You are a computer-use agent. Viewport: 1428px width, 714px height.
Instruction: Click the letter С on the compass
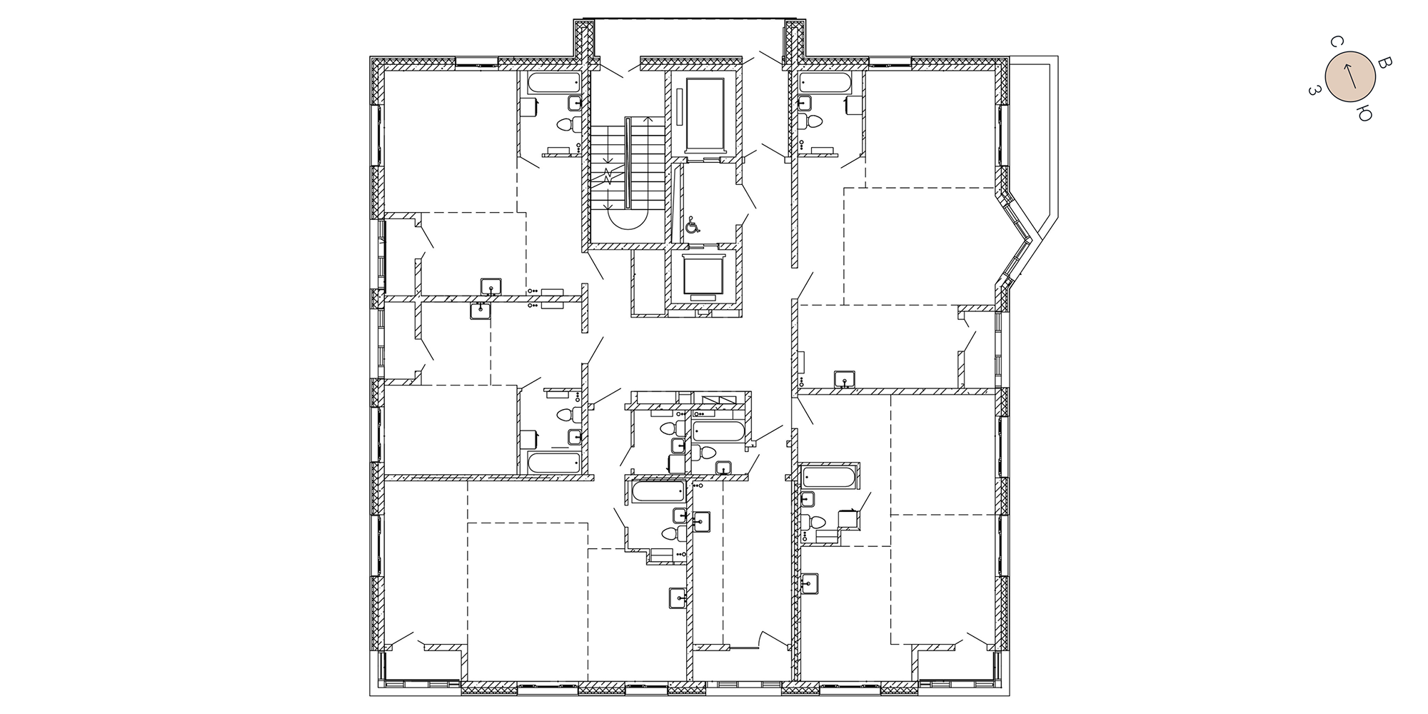tap(1333, 43)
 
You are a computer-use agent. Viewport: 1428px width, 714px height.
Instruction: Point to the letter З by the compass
tap(1314, 90)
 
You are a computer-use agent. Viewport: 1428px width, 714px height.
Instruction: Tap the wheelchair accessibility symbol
tap(692, 226)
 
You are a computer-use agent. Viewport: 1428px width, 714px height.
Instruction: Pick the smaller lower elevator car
tap(704, 274)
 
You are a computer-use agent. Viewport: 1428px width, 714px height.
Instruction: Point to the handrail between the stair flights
tap(627, 164)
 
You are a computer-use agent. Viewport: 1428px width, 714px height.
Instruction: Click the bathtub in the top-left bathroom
tap(553, 82)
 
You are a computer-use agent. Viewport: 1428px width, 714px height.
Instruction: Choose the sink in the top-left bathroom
tap(573, 103)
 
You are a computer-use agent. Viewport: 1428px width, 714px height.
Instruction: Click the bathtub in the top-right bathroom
tap(825, 82)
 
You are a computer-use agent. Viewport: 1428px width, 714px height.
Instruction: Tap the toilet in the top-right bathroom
tap(811, 122)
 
